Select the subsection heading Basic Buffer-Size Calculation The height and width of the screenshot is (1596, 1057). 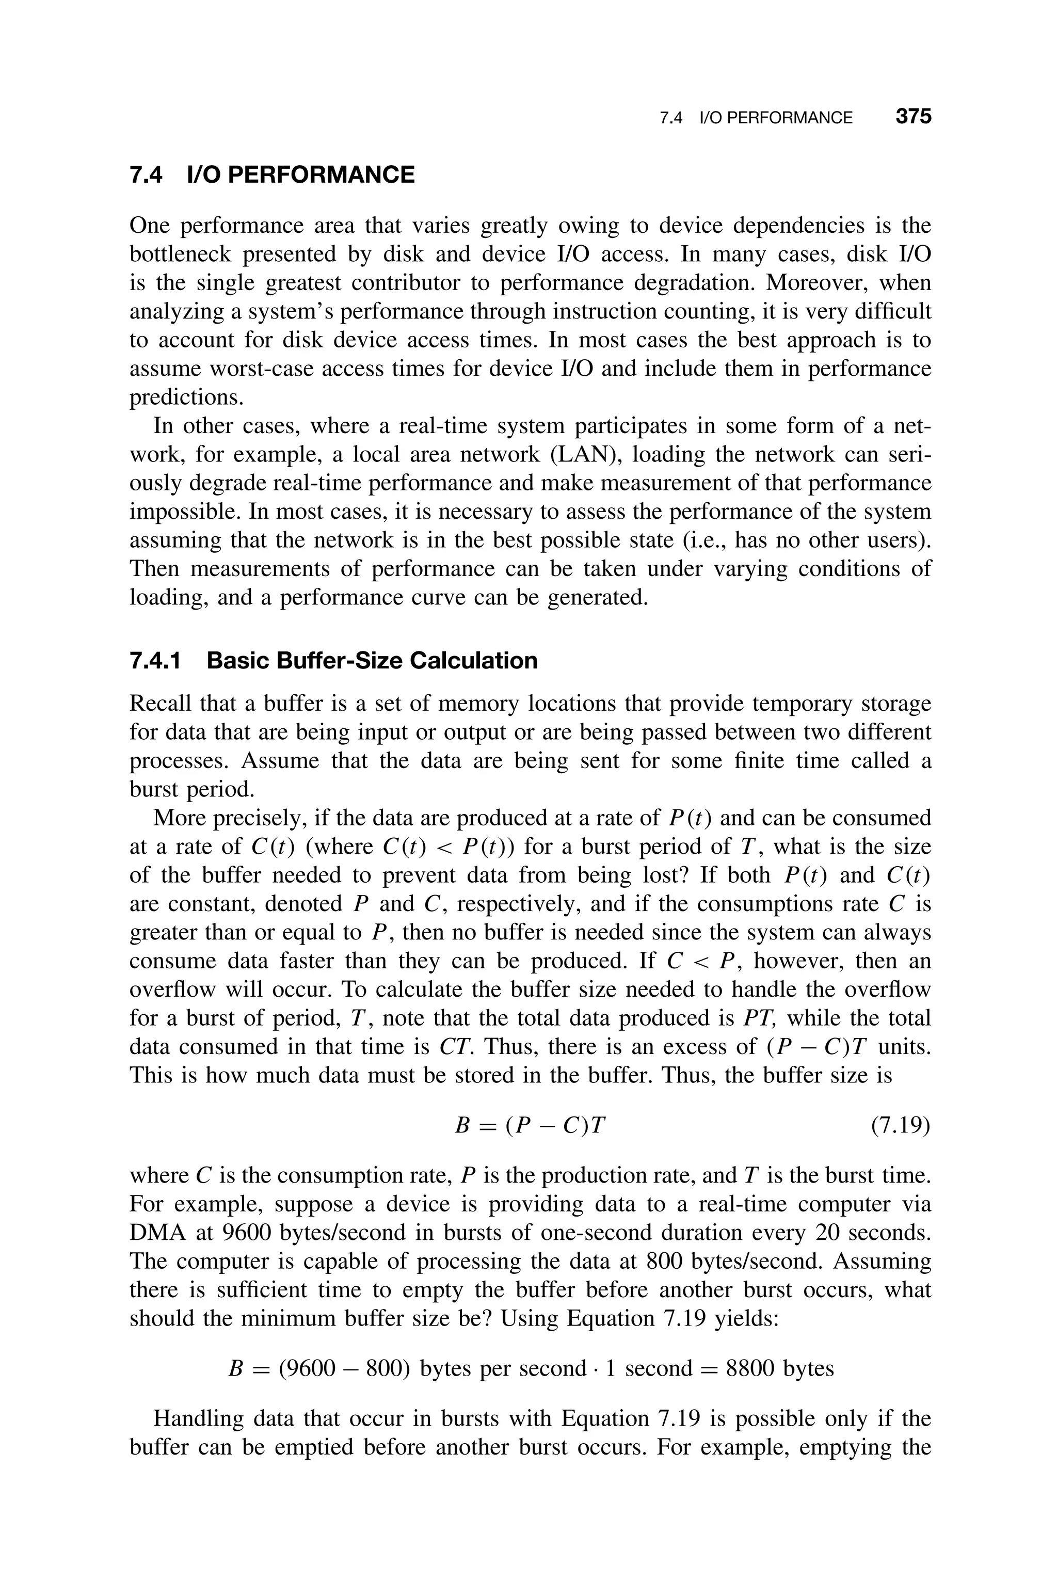pyautogui.click(x=372, y=661)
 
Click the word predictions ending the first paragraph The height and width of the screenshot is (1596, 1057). pyautogui.click(x=185, y=397)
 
